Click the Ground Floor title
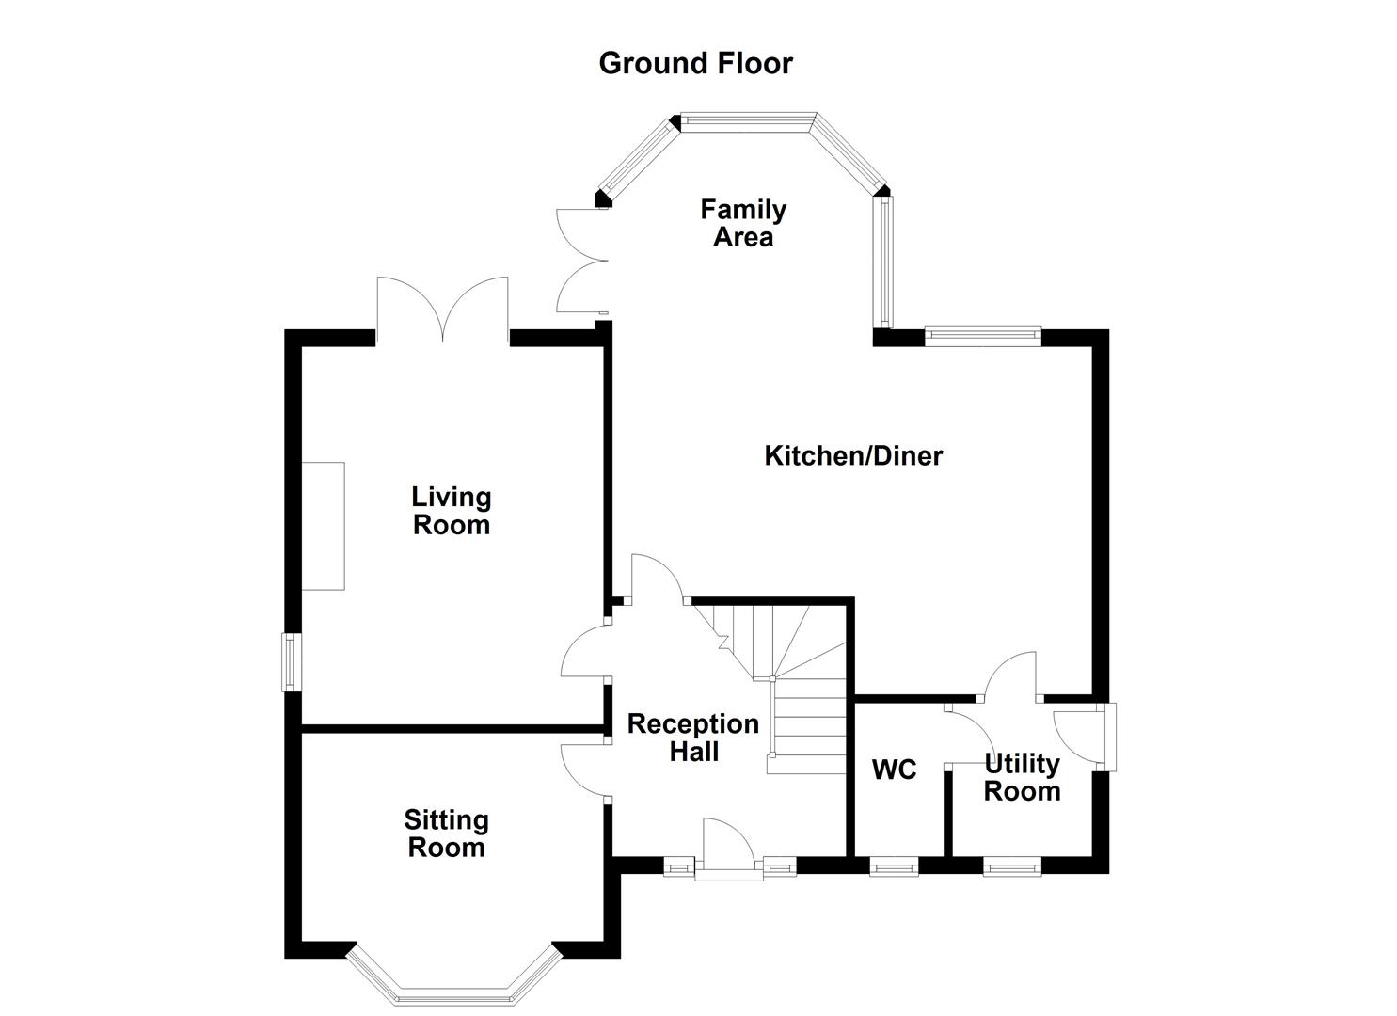click(x=695, y=63)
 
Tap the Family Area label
click(x=742, y=223)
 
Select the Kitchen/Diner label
click(x=852, y=456)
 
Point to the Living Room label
click(x=452, y=510)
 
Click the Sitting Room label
click(x=446, y=833)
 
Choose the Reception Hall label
click(x=693, y=738)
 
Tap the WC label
click(x=894, y=770)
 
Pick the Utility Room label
click(x=1022, y=777)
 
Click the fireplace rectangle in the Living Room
click(x=323, y=526)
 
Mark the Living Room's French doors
click(x=442, y=309)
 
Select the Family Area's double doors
click(x=579, y=260)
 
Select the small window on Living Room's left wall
click(x=293, y=662)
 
